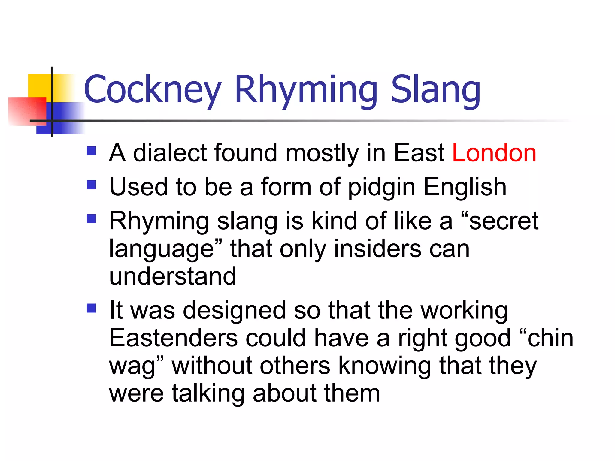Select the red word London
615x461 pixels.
point(494,153)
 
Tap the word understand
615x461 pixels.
point(172,276)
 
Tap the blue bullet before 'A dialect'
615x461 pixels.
point(91,151)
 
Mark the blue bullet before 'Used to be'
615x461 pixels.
point(91,185)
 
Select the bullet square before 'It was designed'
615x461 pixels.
point(91,308)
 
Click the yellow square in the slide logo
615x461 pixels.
point(39,86)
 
